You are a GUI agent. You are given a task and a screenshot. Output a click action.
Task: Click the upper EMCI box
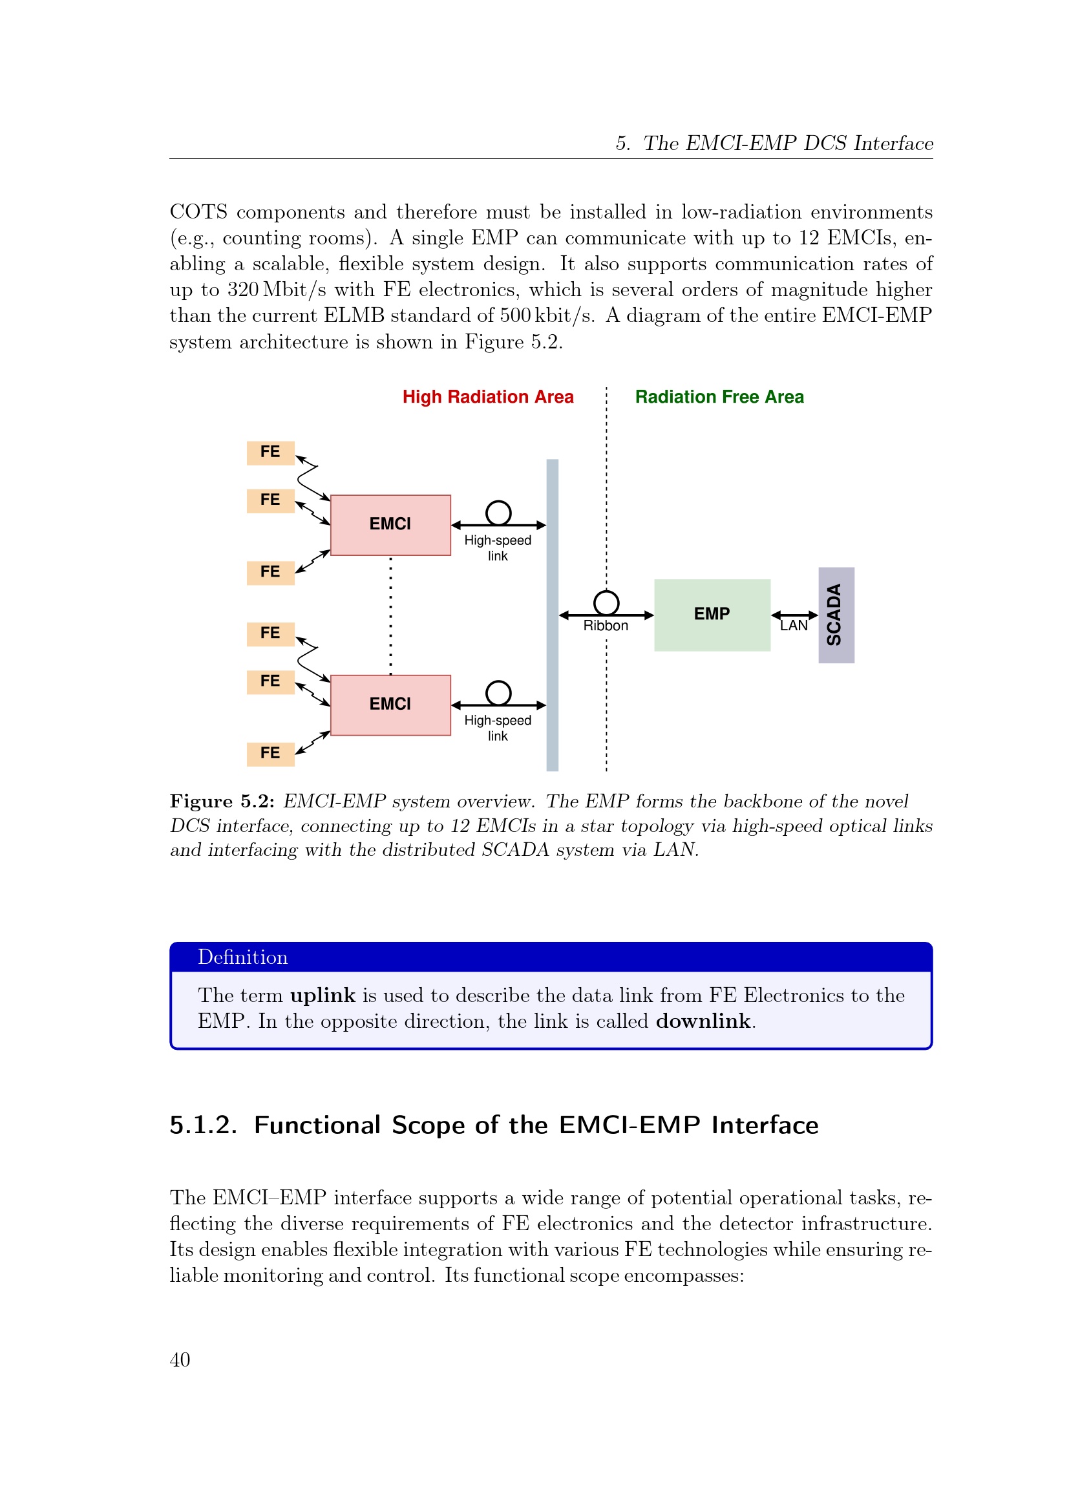(x=390, y=525)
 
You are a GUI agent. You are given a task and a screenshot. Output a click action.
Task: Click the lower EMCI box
(x=390, y=705)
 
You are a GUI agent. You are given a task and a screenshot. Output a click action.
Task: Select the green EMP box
(x=712, y=615)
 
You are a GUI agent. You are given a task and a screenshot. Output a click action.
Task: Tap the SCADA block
(x=836, y=615)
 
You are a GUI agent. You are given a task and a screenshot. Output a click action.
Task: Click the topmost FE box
(x=271, y=453)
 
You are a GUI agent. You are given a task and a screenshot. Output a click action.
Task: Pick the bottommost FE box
(x=271, y=754)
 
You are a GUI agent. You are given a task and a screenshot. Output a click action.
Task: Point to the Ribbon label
(x=606, y=626)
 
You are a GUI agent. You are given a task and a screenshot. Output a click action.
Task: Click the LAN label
(x=794, y=626)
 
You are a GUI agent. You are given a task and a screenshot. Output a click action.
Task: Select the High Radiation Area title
(x=488, y=397)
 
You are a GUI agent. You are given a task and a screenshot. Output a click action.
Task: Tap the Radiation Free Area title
(x=719, y=397)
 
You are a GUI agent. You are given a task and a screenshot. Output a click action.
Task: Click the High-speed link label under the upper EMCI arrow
(x=498, y=548)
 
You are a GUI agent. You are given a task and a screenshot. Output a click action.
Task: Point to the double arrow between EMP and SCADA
(x=794, y=615)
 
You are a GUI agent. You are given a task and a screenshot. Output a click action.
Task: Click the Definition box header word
(x=243, y=957)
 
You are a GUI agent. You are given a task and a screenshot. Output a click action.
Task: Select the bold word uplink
(x=323, y=995)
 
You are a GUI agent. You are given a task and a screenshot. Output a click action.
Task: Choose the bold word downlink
(x=703, y=1021)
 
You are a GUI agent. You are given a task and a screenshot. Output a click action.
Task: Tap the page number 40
(x=180, y=1360)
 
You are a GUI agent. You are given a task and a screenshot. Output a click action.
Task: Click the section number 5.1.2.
(x=204, y=1125)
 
